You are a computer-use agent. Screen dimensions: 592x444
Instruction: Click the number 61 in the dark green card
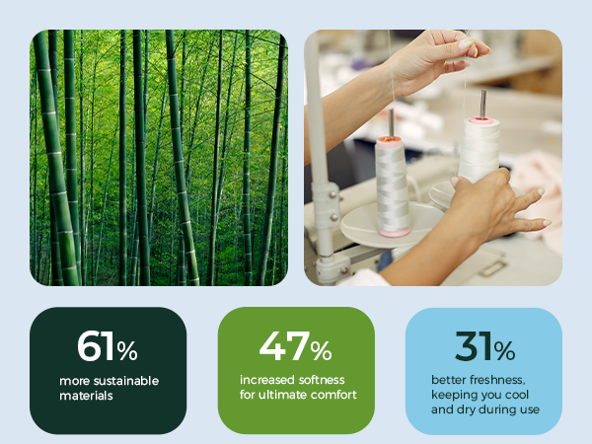95,346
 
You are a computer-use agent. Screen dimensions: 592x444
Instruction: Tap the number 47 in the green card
284,346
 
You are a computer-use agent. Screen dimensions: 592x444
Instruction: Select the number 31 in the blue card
474,346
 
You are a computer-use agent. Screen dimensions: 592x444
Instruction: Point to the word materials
86,396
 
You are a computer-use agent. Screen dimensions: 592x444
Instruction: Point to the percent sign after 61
127,351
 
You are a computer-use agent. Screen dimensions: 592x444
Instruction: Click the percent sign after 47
322,351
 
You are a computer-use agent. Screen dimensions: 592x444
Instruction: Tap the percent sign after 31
504,351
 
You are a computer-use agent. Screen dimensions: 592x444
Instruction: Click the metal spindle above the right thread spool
482,104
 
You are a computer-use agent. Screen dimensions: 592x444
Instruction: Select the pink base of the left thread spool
394,232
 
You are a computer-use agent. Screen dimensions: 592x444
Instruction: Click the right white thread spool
480,150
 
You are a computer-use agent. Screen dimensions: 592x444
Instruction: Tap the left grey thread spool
393,186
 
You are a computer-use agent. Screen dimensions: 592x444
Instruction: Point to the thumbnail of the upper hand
466,43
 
